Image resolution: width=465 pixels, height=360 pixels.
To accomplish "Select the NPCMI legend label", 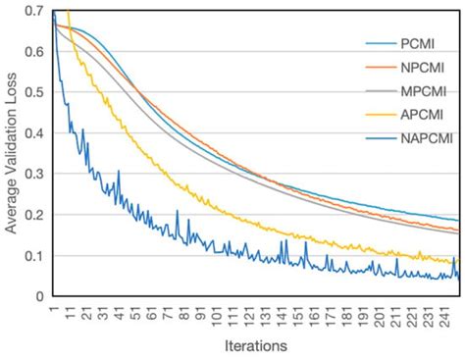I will pos(420,69).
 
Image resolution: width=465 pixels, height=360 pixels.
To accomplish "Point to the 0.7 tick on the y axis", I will pos(34,11).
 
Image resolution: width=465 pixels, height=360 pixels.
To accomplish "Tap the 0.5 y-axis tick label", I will pos(34,92).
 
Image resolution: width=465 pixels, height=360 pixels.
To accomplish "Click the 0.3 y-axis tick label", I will pos(34,174).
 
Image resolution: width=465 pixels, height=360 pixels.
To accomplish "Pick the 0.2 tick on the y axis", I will pos(34,215).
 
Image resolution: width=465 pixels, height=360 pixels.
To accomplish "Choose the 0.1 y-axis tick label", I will pos(34,255).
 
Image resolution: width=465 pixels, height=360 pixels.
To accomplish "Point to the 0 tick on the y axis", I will pos(40,296).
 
